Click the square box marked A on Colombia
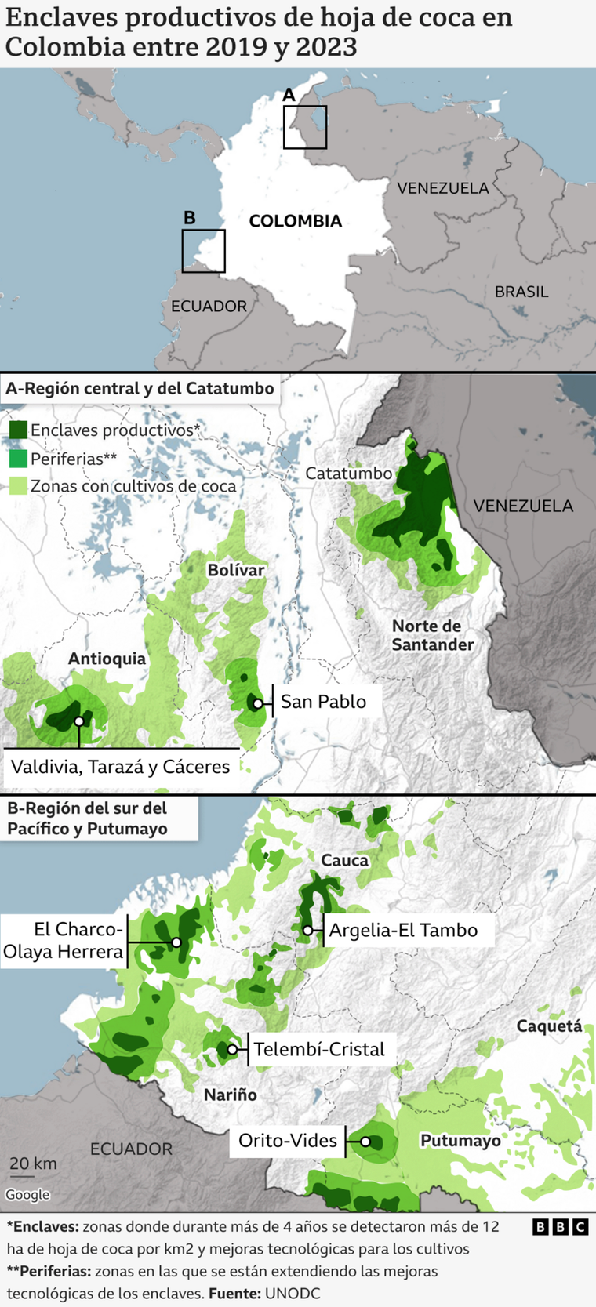coord(305,127)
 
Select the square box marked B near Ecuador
coord(203,251)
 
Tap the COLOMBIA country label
coord(295,221)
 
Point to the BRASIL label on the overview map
coord(521,292)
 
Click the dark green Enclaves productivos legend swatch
coord(18,430)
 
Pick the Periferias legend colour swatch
coord(18,459)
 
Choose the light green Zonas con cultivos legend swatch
coord(18,486)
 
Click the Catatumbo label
coord(348,474)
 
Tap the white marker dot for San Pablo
coord(257,703)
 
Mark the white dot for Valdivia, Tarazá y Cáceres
coord(78,721)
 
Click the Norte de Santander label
coord(432,635)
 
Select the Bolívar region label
coord(235,570)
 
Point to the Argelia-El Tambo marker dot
coord(308,931)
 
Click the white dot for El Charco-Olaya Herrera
coord(176,942)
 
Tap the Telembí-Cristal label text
coord(319,1050)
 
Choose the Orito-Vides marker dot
coord(365,1142)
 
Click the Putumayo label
coord(460,1141)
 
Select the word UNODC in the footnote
coord(293,1294)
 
